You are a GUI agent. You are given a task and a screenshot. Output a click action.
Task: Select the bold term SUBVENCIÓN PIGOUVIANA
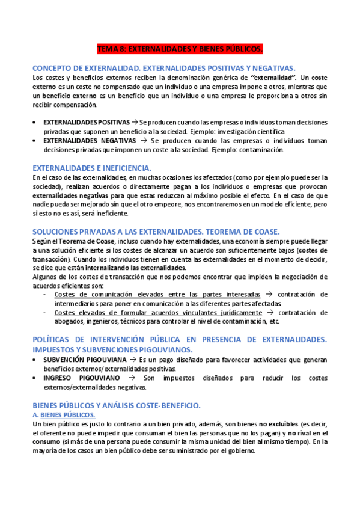point(85,360)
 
